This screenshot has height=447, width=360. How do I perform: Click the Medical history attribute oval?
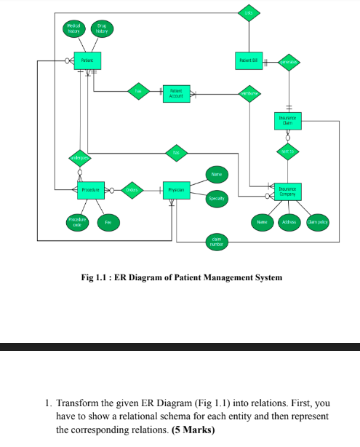(x=74, y=28)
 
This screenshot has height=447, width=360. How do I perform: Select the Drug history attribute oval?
(x=102, y=28)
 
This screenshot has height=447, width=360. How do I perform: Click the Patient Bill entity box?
(x=248, y=60)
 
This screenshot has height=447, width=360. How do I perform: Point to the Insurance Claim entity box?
(x=289, y=119)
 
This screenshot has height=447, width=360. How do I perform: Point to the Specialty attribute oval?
(x=217, y=198)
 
